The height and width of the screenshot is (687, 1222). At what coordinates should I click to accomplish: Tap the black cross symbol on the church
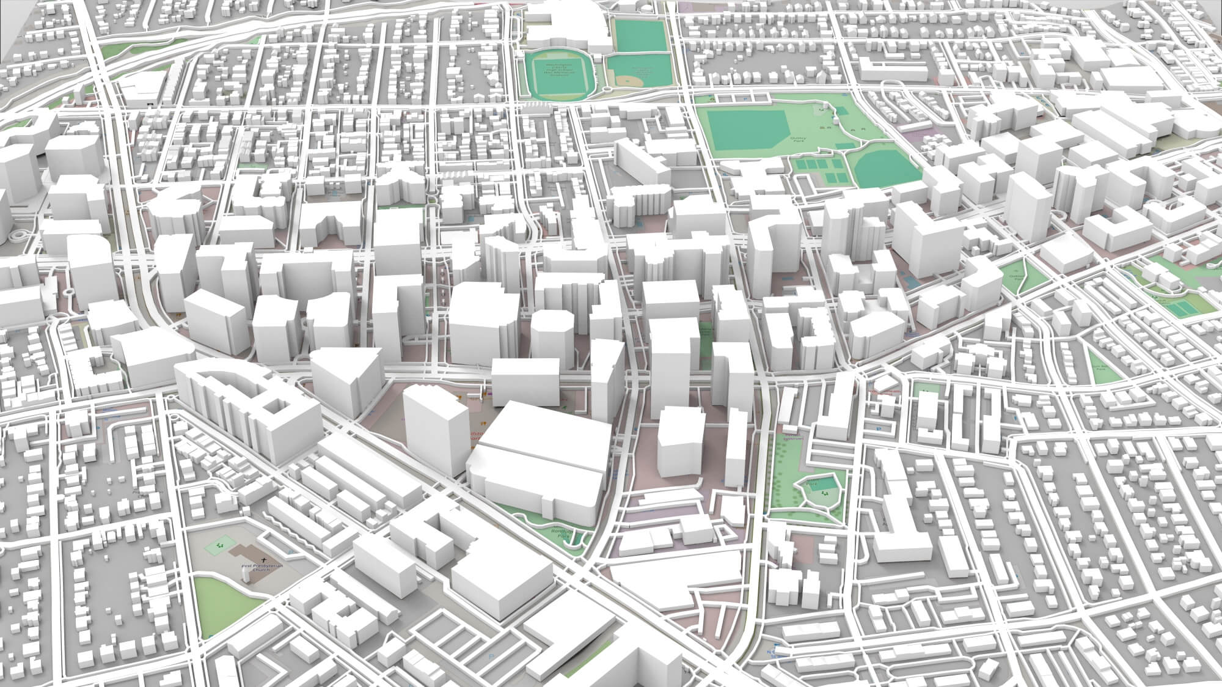[264, 560]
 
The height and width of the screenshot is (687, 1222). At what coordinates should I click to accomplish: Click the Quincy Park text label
[798, 140]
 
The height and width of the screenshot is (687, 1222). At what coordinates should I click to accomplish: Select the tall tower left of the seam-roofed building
[428, 422]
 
